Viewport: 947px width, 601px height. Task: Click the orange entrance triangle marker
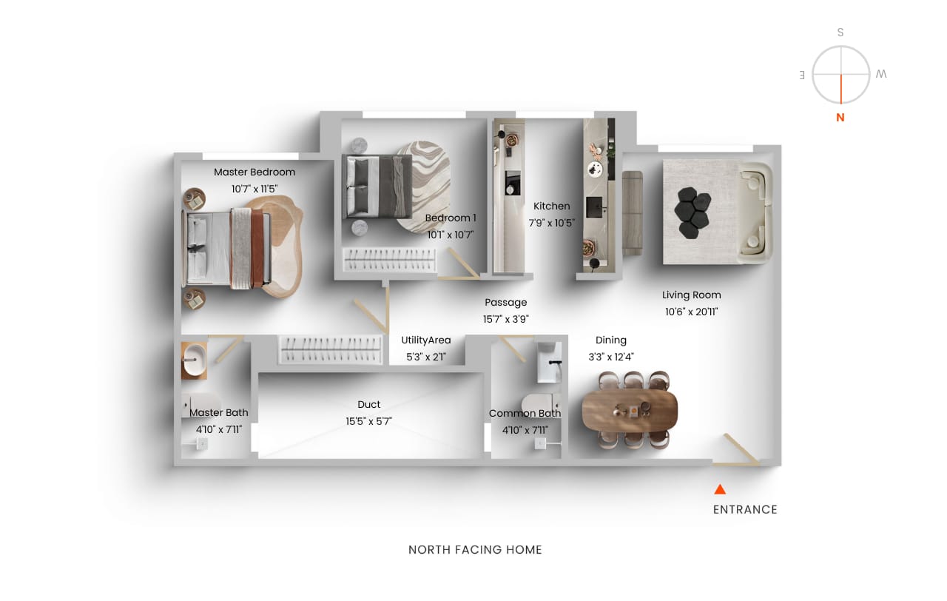pos(720,489)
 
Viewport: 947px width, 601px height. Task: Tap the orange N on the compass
pos(840,118)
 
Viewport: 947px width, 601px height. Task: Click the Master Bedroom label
pos(255,172)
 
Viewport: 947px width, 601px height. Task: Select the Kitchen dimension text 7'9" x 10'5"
pos(552,223)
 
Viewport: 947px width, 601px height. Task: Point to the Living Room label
pos(692,295)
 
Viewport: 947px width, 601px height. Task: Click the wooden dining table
pos(630,409)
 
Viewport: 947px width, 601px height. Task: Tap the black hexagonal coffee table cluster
pos(692,212)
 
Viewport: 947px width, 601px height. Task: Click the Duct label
pos(369,404)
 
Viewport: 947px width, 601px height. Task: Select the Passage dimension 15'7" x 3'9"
pos(506,319)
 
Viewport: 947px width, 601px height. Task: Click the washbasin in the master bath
pos(195,360)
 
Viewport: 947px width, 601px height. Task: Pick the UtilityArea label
pos(426,340)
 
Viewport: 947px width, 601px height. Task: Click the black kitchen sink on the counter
pos(594,207)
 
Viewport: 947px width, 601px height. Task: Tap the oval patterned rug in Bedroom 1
pos(424,186)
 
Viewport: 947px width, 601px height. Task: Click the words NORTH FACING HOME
pos(475,550)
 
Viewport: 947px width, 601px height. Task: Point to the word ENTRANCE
pos(745,510)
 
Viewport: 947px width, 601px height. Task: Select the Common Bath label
pos(525,413)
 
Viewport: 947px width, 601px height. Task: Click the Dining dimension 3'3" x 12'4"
pos(611,357)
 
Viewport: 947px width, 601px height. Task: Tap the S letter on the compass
pos(840,32)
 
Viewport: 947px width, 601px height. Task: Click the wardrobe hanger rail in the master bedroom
pos(330,349)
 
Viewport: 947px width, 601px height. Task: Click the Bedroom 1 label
pos(451,218)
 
